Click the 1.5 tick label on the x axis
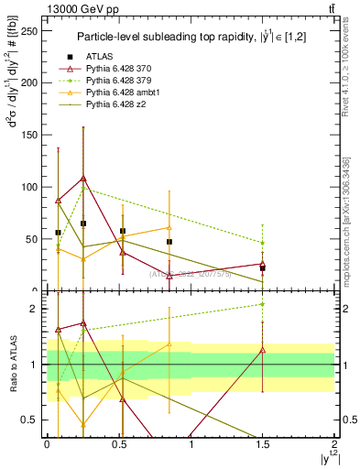(x=263, y=442)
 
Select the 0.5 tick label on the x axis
(x=118, y=442)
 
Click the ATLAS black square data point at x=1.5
(x=263, y=268)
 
